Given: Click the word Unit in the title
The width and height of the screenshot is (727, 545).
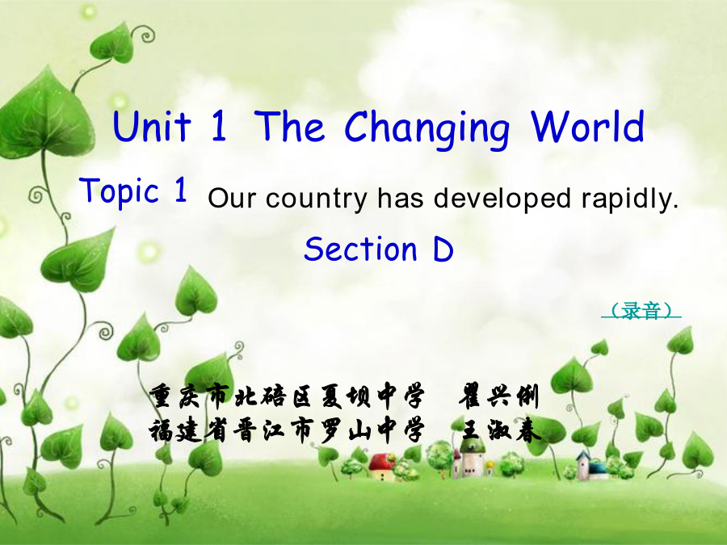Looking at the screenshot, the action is click(152, 126).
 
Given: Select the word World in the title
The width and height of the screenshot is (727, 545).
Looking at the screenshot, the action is click(588, 126).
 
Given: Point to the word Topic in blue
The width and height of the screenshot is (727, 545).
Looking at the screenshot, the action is click(120, 191).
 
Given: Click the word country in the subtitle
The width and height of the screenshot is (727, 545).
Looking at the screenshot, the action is click(316, 199).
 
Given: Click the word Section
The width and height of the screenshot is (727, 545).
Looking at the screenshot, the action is click(361, 249).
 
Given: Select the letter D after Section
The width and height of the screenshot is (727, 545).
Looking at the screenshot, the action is click(443, 249).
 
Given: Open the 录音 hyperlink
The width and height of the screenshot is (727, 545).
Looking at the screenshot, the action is click(641, 311).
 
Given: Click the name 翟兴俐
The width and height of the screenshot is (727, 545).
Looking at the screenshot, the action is click(499, 396).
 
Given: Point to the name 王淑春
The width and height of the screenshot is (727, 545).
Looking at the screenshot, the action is click(501, 431).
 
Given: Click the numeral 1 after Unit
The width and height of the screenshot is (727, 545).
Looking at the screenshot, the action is click(219, 126).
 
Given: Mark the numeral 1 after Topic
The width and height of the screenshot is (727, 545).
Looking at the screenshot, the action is click(181, 189).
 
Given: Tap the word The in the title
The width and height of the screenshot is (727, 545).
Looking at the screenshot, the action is click(289, 126).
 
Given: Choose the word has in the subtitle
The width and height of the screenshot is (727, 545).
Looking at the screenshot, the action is click(401, 198).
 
